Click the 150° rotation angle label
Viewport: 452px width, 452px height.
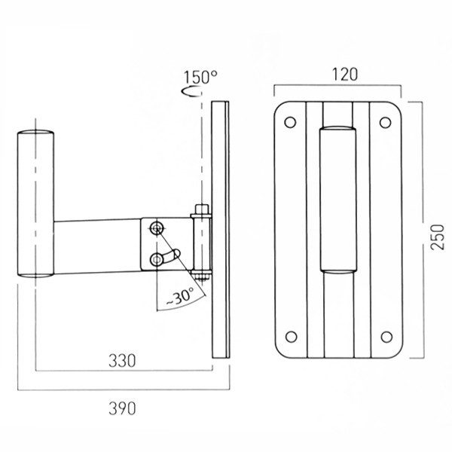tap(200, 78)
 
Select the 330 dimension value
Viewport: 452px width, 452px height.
tap(122, 361)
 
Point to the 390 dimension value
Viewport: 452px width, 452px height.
tap(122, 408)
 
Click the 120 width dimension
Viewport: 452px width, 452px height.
tap(345, 75)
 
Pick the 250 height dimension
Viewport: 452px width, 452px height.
tap(437, 237)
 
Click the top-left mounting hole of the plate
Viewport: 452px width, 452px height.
tap(290, 122)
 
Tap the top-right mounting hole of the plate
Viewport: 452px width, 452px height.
tap(385, 123)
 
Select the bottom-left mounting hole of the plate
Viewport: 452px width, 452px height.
tap(291, 337)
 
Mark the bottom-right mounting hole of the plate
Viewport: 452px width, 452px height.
tap(386, 337)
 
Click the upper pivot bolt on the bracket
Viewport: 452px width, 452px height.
tap(157, 229)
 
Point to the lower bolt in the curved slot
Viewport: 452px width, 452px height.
tap(156, 260)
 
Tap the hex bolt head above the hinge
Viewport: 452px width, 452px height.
tap(202, 209)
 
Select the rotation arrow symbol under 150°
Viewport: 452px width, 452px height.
tap(191, 91)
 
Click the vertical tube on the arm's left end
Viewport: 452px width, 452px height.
tap(35, 204)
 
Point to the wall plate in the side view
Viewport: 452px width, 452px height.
tap(221, 230)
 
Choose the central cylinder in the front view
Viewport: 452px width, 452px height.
tap(337, 200)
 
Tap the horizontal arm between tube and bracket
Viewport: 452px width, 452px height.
tap(97, 246)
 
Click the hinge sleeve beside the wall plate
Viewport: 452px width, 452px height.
tap(202, 244)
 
